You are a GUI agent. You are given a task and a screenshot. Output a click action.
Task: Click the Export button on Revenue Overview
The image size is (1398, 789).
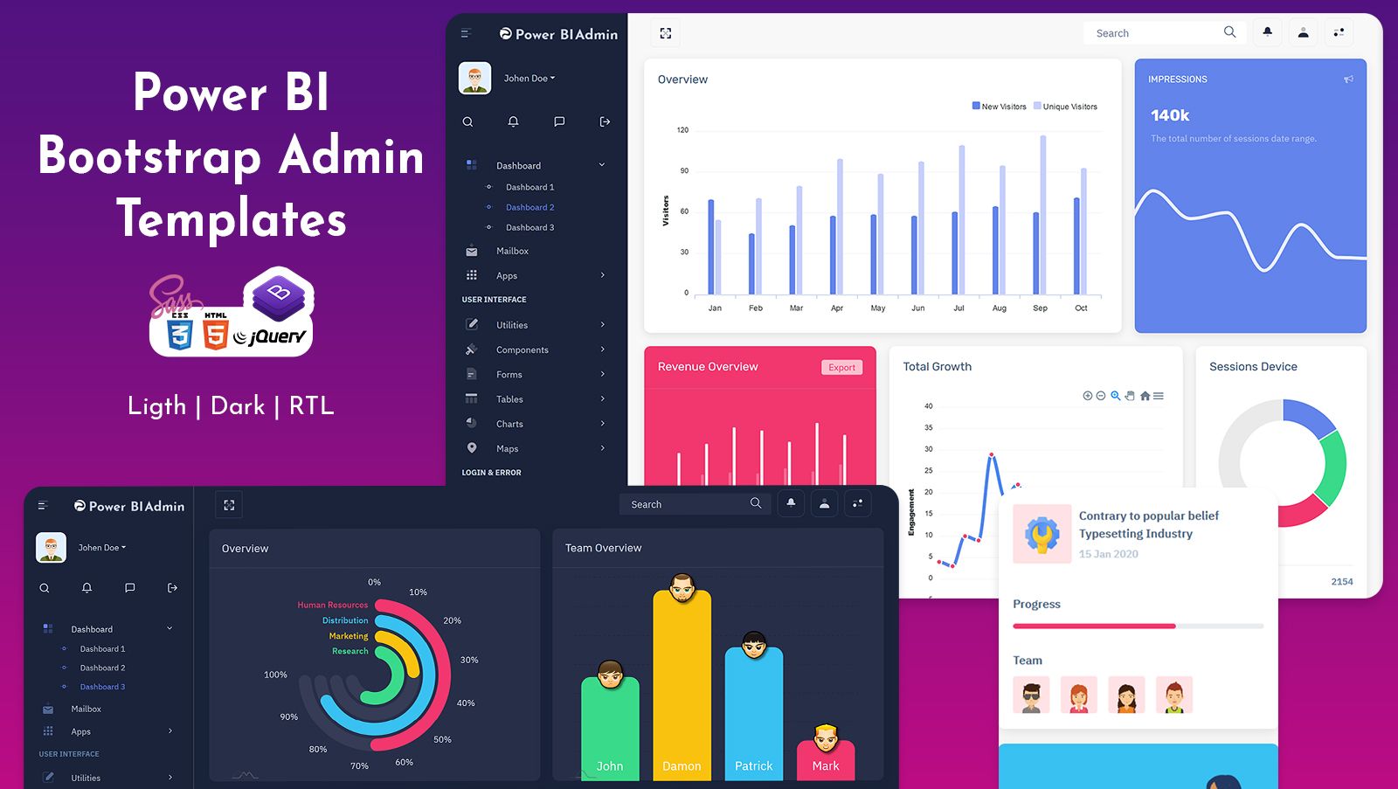click(x=841, y=368)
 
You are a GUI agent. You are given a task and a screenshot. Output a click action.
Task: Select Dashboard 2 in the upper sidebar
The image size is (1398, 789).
click(x=529, y=207)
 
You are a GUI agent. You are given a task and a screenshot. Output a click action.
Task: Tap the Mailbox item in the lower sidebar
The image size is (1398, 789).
click(x=86, y=709)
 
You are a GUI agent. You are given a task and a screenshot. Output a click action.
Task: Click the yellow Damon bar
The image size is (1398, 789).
click(x=682, y=690)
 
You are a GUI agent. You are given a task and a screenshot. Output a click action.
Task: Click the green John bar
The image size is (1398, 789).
click(x=610, y=730)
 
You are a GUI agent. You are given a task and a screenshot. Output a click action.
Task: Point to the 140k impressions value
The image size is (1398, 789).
click(x=1170, y=115)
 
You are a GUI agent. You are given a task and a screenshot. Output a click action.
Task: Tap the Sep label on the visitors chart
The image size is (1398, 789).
click(x=1040, y=308)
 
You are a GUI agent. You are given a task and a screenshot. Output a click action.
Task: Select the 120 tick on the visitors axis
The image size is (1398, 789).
click(x=682, y=130)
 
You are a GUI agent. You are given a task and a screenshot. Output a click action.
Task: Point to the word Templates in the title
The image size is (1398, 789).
click(x=232, y=218)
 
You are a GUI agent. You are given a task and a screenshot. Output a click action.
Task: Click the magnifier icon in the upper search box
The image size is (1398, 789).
click(x=1229, y=32)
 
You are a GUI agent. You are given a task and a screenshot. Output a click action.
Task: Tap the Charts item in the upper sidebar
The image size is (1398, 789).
click(x=509, y=424)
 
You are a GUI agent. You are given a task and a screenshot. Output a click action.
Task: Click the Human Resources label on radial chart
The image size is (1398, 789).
click(x=332, y=605)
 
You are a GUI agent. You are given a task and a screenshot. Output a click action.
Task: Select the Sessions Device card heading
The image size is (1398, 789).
click(x=1253, y=367)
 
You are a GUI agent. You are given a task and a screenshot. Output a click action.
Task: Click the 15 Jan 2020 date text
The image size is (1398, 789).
click(x=1108, y=554)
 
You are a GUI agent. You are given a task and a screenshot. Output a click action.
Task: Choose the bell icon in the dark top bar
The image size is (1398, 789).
click(x=791, y=503)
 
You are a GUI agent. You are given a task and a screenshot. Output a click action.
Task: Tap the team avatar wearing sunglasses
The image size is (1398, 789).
click(x=1031, y=696)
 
